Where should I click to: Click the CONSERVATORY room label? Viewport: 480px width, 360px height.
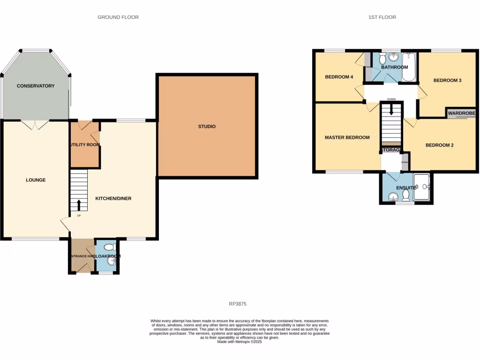pos(36,86)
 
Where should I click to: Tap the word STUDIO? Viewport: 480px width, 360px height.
pos(207,127)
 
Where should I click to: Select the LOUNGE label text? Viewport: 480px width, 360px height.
pos(36,180)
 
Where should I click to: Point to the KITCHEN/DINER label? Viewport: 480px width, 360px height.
pos(113,198)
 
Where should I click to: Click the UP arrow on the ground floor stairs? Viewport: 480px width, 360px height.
pos(78,205)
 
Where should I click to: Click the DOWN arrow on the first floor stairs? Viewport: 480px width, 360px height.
pos(391,110)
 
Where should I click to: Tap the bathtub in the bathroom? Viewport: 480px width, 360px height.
pos(409,67)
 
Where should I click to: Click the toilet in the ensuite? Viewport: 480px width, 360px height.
pos(406,195)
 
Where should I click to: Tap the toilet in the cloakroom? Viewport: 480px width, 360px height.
pos(109,247)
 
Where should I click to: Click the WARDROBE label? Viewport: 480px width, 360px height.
pos(462,113)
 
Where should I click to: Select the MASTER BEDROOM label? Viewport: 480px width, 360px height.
pos(347,137)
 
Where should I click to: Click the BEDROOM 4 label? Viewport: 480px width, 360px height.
pos(339,77)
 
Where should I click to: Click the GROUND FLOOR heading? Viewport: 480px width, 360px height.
pos(118,17)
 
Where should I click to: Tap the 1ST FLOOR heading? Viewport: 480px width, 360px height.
pos(382,17)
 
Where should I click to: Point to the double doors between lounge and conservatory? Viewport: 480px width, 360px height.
pos(35,125)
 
